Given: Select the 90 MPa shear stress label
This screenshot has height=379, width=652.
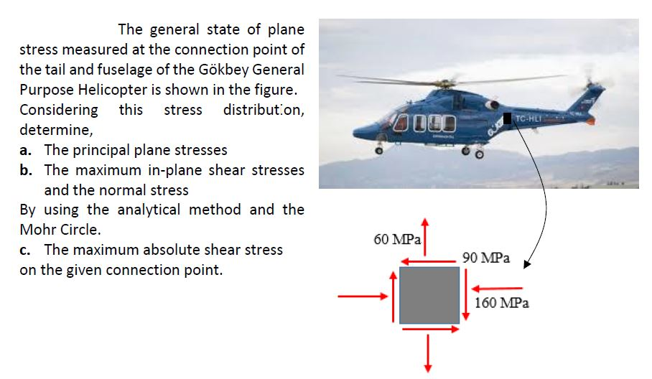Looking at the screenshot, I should [x=486, y=257].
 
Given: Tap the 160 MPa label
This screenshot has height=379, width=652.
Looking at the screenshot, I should [x=502, y=303].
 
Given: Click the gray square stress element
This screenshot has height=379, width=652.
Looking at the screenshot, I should [x=429, y=295].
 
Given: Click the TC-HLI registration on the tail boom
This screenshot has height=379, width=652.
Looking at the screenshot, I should [x=531, y=118].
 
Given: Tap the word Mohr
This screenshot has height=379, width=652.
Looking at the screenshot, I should [x=39, y=230].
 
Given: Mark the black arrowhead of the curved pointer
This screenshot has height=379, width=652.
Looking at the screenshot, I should [x=528, y=264].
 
